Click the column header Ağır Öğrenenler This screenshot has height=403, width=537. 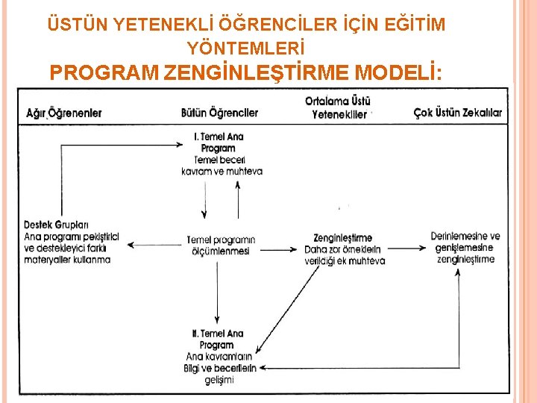click(64, 113)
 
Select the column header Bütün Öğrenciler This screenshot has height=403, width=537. click(219, 113)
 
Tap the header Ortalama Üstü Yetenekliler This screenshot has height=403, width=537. click(339, 108)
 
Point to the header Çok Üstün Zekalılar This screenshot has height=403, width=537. click(458, 113)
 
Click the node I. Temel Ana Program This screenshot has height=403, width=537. click(219, 143)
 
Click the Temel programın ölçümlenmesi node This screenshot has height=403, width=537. click(220, 246)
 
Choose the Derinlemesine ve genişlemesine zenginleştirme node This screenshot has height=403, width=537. click(465, 248)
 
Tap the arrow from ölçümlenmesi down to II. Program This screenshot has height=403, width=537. click(217, 291)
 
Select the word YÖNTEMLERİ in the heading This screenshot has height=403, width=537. click(246, 49)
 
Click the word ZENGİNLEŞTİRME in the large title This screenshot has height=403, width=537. click(256, 73)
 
